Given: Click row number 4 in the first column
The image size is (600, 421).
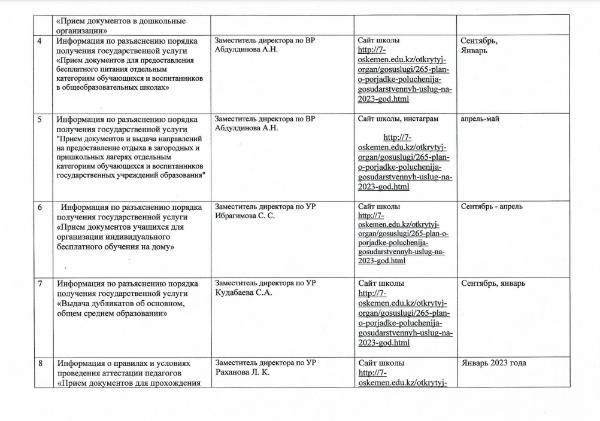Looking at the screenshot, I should (x=40, y=41).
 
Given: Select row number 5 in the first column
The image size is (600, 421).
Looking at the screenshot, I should (x=40, y=119).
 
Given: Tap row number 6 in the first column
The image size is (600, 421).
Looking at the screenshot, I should (x=40, y=207).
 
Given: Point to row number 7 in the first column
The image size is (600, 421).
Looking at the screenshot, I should (x=40, y=283).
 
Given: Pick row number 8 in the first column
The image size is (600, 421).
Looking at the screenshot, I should (x=40, y=362).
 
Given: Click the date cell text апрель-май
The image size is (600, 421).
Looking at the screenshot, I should (x=480, y=119).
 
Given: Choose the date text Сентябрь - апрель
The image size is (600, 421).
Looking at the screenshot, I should (x=492, y=207).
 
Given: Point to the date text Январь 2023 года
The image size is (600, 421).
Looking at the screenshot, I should (x=495, y=362).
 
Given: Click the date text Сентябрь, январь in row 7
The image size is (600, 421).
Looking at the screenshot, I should (x=493, y=283).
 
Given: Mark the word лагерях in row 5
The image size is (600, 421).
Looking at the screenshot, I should (x=120, y=157).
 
